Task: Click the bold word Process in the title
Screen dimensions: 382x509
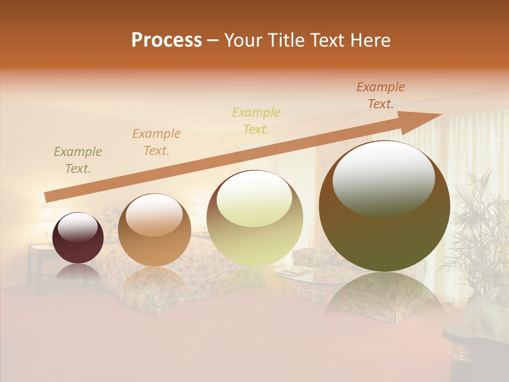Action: click(166, 40)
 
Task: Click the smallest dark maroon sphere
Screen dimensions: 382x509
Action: click(78, 238)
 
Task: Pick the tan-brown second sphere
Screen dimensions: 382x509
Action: click(154, 230)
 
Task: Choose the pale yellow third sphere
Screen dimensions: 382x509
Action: click(254, 219)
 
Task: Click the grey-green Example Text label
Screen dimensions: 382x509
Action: click(78, 160)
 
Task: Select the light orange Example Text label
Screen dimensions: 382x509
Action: click(156, 142)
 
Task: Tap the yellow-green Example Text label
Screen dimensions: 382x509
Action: click(256, 120)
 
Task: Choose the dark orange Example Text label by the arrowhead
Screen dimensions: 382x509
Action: click(381, 95)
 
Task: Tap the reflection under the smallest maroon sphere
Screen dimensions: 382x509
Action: click(78, 273)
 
